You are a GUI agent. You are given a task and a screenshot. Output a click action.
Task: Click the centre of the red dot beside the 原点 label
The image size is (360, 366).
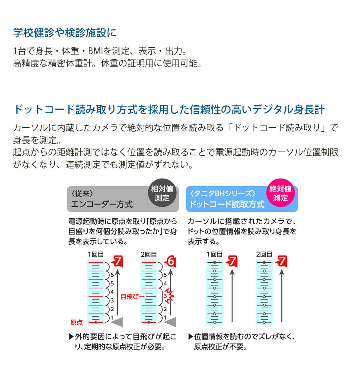(x=96, y=322)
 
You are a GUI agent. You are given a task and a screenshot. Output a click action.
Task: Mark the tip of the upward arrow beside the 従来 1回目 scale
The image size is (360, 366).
(x=118, y=269)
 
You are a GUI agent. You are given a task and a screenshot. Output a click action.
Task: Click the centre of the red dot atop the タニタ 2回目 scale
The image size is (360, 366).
(x=264, y=263)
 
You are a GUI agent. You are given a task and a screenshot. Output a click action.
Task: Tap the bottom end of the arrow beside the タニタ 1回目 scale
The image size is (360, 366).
(x=232, y=322)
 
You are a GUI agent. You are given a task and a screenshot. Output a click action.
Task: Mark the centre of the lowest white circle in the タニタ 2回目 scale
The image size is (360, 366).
(x=264, y=322)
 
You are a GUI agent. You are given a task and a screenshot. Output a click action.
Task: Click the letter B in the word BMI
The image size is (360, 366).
(x=90, y=50)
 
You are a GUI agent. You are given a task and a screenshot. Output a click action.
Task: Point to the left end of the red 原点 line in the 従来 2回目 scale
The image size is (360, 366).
(x=141, y=322)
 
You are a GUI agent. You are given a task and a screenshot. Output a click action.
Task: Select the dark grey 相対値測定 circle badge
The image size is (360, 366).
(x=162, y=193)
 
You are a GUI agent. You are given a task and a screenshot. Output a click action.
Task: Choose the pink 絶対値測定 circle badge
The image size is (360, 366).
(x=280, y=193)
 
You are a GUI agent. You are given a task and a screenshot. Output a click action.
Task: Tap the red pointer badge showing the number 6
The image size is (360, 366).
(x=170, y=261)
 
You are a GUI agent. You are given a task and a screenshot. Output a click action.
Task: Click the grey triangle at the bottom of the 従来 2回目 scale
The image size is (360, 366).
(x=170, y=322)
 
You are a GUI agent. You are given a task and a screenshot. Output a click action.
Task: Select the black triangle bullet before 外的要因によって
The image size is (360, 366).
(x=72, y=337)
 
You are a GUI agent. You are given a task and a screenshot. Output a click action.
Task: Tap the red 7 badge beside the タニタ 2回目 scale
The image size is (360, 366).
(x=281, y=261)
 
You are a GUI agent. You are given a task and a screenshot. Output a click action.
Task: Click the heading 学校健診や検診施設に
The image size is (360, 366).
(x=64, y=32)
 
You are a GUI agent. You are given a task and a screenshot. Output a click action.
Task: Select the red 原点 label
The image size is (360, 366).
(x=76, y=322)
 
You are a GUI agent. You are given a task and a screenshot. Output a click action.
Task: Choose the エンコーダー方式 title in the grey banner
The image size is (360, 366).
(x=102, y=204)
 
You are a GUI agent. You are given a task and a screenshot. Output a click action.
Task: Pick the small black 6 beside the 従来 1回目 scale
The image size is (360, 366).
(x=112, y=275)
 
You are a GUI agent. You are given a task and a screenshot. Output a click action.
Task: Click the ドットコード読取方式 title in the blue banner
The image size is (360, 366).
(x=227, y=204)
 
